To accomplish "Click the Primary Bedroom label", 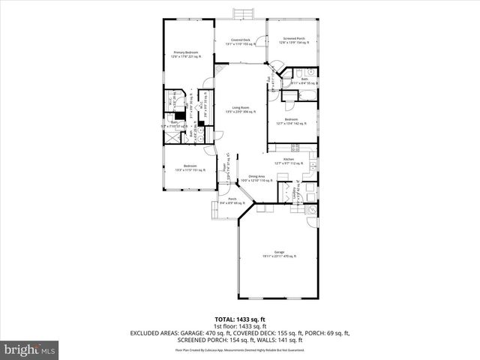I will tap(184, 52).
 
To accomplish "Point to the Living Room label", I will tap(241, 109).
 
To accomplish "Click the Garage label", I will tap(280, 253).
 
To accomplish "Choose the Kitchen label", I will tap(288, 160).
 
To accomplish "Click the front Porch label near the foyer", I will tap(233, 200).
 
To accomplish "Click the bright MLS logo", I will tap(28, 349).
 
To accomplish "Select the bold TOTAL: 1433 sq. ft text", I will tap(240, 319).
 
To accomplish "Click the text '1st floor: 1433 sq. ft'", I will tap(240, 326).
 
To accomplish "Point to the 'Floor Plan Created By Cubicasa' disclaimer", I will tap(240, 349).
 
